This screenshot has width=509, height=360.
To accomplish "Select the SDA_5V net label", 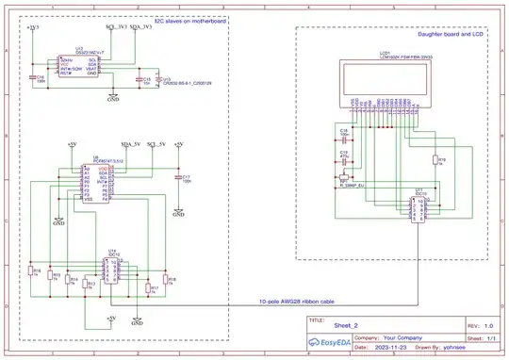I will [132, 143].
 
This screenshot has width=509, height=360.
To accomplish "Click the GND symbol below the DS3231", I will [113, 97].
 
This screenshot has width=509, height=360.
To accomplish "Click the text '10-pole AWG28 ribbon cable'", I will [297, 302].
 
